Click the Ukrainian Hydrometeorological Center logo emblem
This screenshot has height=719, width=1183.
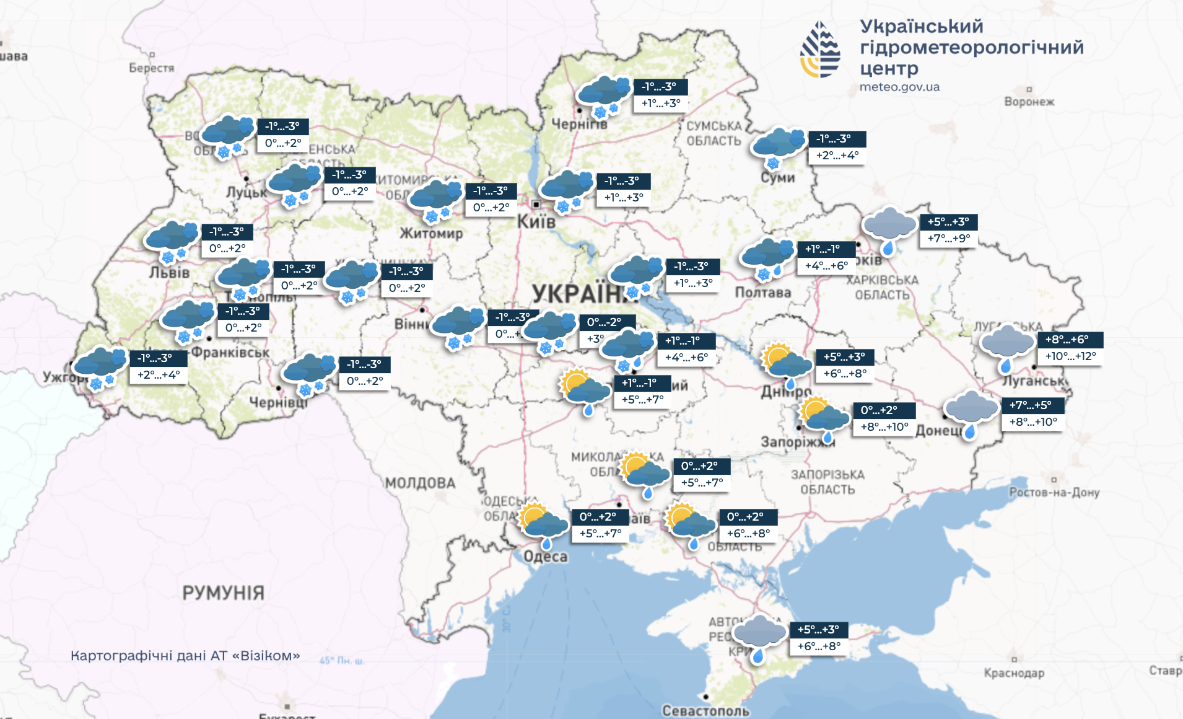[x=820, y=50]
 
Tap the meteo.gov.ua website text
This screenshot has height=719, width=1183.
[x=899, y=87]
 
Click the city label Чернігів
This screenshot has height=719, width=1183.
[x=579, y=124]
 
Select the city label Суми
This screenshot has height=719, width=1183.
[x=778, y=178]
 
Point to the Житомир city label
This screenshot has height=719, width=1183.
[x=431, y=234]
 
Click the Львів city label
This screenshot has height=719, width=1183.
[x=169, y=273]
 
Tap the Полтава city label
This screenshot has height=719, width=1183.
[x=762, y=293]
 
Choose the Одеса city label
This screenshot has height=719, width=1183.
[x=545, y=557]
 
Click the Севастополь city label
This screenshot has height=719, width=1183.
[x=705, y=710]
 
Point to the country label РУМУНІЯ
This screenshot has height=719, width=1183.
[x=223, y=593]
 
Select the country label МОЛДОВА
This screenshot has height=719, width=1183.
[x=420, y=483]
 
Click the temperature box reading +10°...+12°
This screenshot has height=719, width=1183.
[x=1070, y=356]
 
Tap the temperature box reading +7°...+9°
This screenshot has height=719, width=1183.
[x=948, y=239]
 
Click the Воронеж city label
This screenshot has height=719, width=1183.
[x=1029, y=102]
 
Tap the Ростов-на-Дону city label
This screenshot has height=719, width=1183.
[x=1054, y=493]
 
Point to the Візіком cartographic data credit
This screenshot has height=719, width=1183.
[x=185, y=656]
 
